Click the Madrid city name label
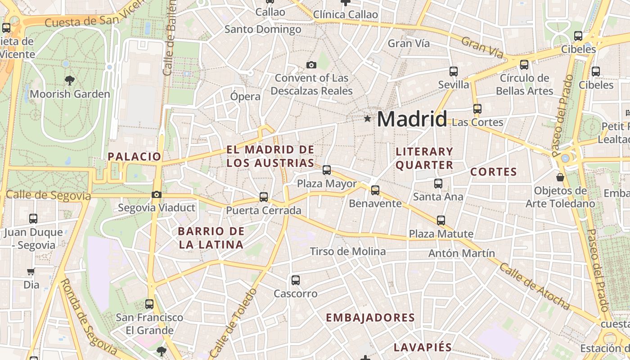(x=412, y=119)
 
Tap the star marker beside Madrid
(x=368, y=119)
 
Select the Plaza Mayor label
(x=327, y=184)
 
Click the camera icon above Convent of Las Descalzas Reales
(x=311, y=65)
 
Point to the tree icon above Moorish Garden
(x=69, y=81)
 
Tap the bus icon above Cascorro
(x=296, y=280)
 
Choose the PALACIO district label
(x=134, y=157)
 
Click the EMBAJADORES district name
(x=370, y=318)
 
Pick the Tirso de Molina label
(x=348, y=252)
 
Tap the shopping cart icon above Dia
(x=31, y=271)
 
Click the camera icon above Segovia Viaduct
(x=156, y=195)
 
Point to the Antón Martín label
(x=461, y=253)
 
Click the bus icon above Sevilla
(x=453, y=72)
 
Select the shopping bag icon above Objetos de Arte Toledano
(x=560, y=177)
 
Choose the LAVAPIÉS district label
(x=423, y=347)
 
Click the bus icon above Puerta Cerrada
(x=264, y=197)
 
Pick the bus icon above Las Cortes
(x=477, y=109)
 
